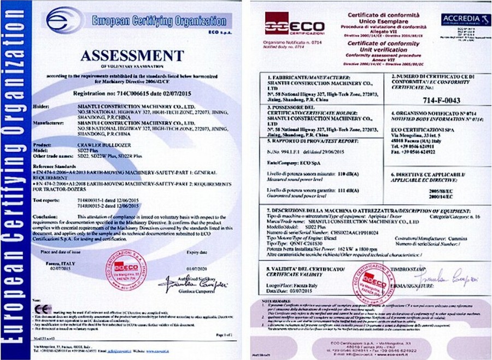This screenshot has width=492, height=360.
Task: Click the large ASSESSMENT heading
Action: coord(133,55)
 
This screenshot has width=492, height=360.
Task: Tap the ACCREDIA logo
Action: coord(462,20)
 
